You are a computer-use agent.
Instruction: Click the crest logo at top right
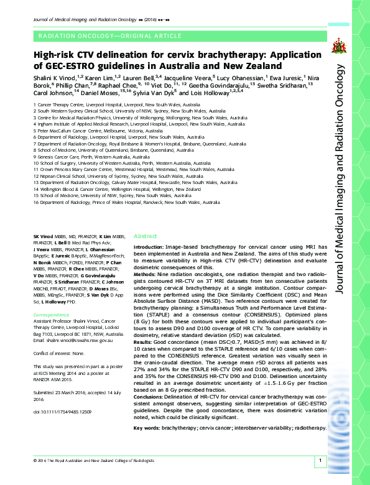coord(339,45)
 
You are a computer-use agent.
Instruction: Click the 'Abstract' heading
coord(146,236)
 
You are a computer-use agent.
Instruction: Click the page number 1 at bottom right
coord(319,461)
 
